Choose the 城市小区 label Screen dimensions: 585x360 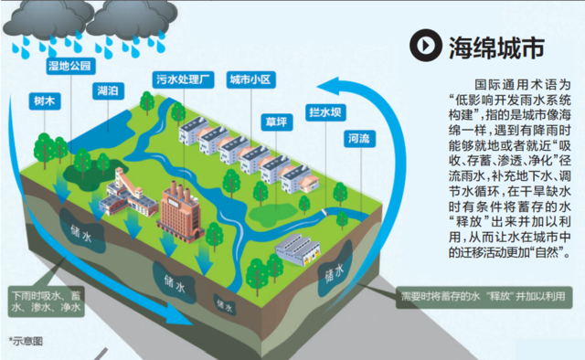(x=250, y=79)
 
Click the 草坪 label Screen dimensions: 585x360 (x=275, y=121)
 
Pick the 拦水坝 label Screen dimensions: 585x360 (x=324, y=113)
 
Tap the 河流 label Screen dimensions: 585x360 (x=358, y=140)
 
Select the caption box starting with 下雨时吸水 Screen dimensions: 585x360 (x=46, y=302)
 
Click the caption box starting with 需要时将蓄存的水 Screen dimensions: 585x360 (x=481, y=297)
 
